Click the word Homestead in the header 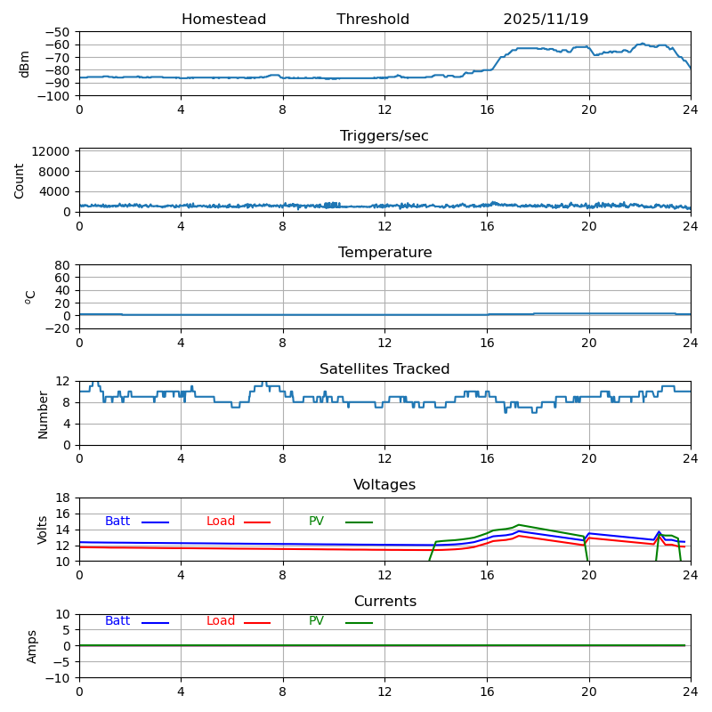[223, 20]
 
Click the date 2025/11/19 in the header [546, 20]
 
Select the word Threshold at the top [373, 20]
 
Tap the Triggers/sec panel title [384, 136]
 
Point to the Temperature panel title [384, 253]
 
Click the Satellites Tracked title [384, 369]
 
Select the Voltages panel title [384, 485]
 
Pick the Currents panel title [384, 602]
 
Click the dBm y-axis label [25, 64]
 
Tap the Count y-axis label [20, 181]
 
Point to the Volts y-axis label [43, 530]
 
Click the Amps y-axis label [32, 646]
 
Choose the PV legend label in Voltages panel [316, 522]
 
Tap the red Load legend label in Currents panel [221, 621]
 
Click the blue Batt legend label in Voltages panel [117, 522]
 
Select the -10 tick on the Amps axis [59, 678]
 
